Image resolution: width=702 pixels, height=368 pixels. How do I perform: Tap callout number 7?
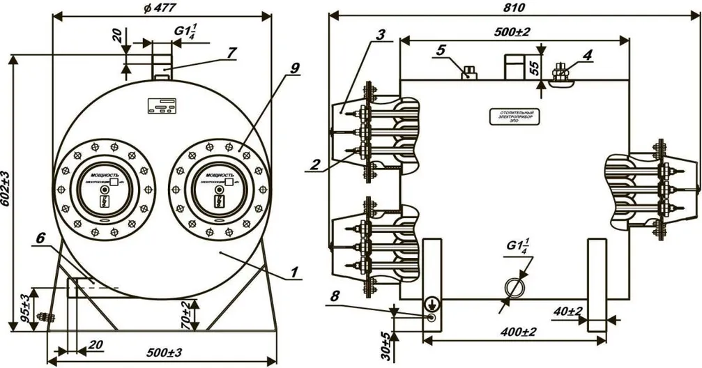pos(231,52)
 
